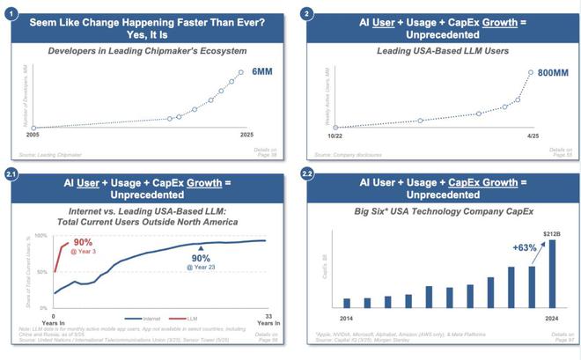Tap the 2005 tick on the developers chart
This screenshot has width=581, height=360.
[32, 136]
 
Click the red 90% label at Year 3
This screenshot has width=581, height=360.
[83, 242]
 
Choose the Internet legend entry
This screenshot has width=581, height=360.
[146, 318]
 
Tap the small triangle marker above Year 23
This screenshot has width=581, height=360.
[202, 248]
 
